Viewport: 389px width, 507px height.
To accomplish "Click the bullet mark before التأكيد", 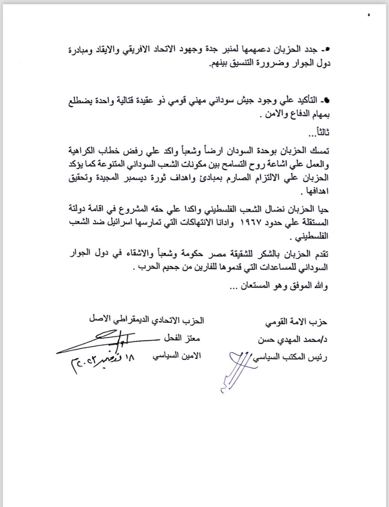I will point(326,100).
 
